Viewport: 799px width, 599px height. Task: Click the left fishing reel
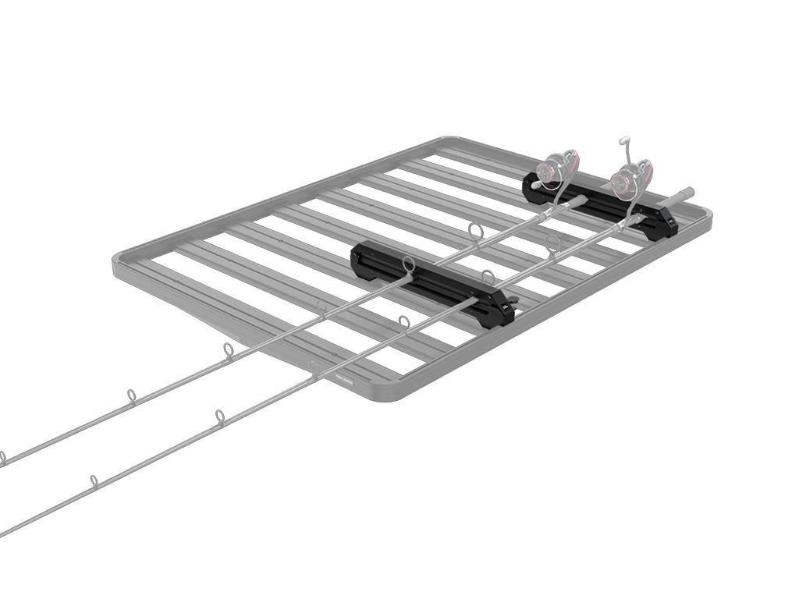click(560, 168)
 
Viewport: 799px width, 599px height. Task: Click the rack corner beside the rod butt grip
click(705, 214)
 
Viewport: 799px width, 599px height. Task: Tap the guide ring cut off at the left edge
click(2, 457)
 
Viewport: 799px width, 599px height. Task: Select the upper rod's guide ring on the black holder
click(408, 266)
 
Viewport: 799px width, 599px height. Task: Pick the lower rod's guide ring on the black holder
click(488, 276)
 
